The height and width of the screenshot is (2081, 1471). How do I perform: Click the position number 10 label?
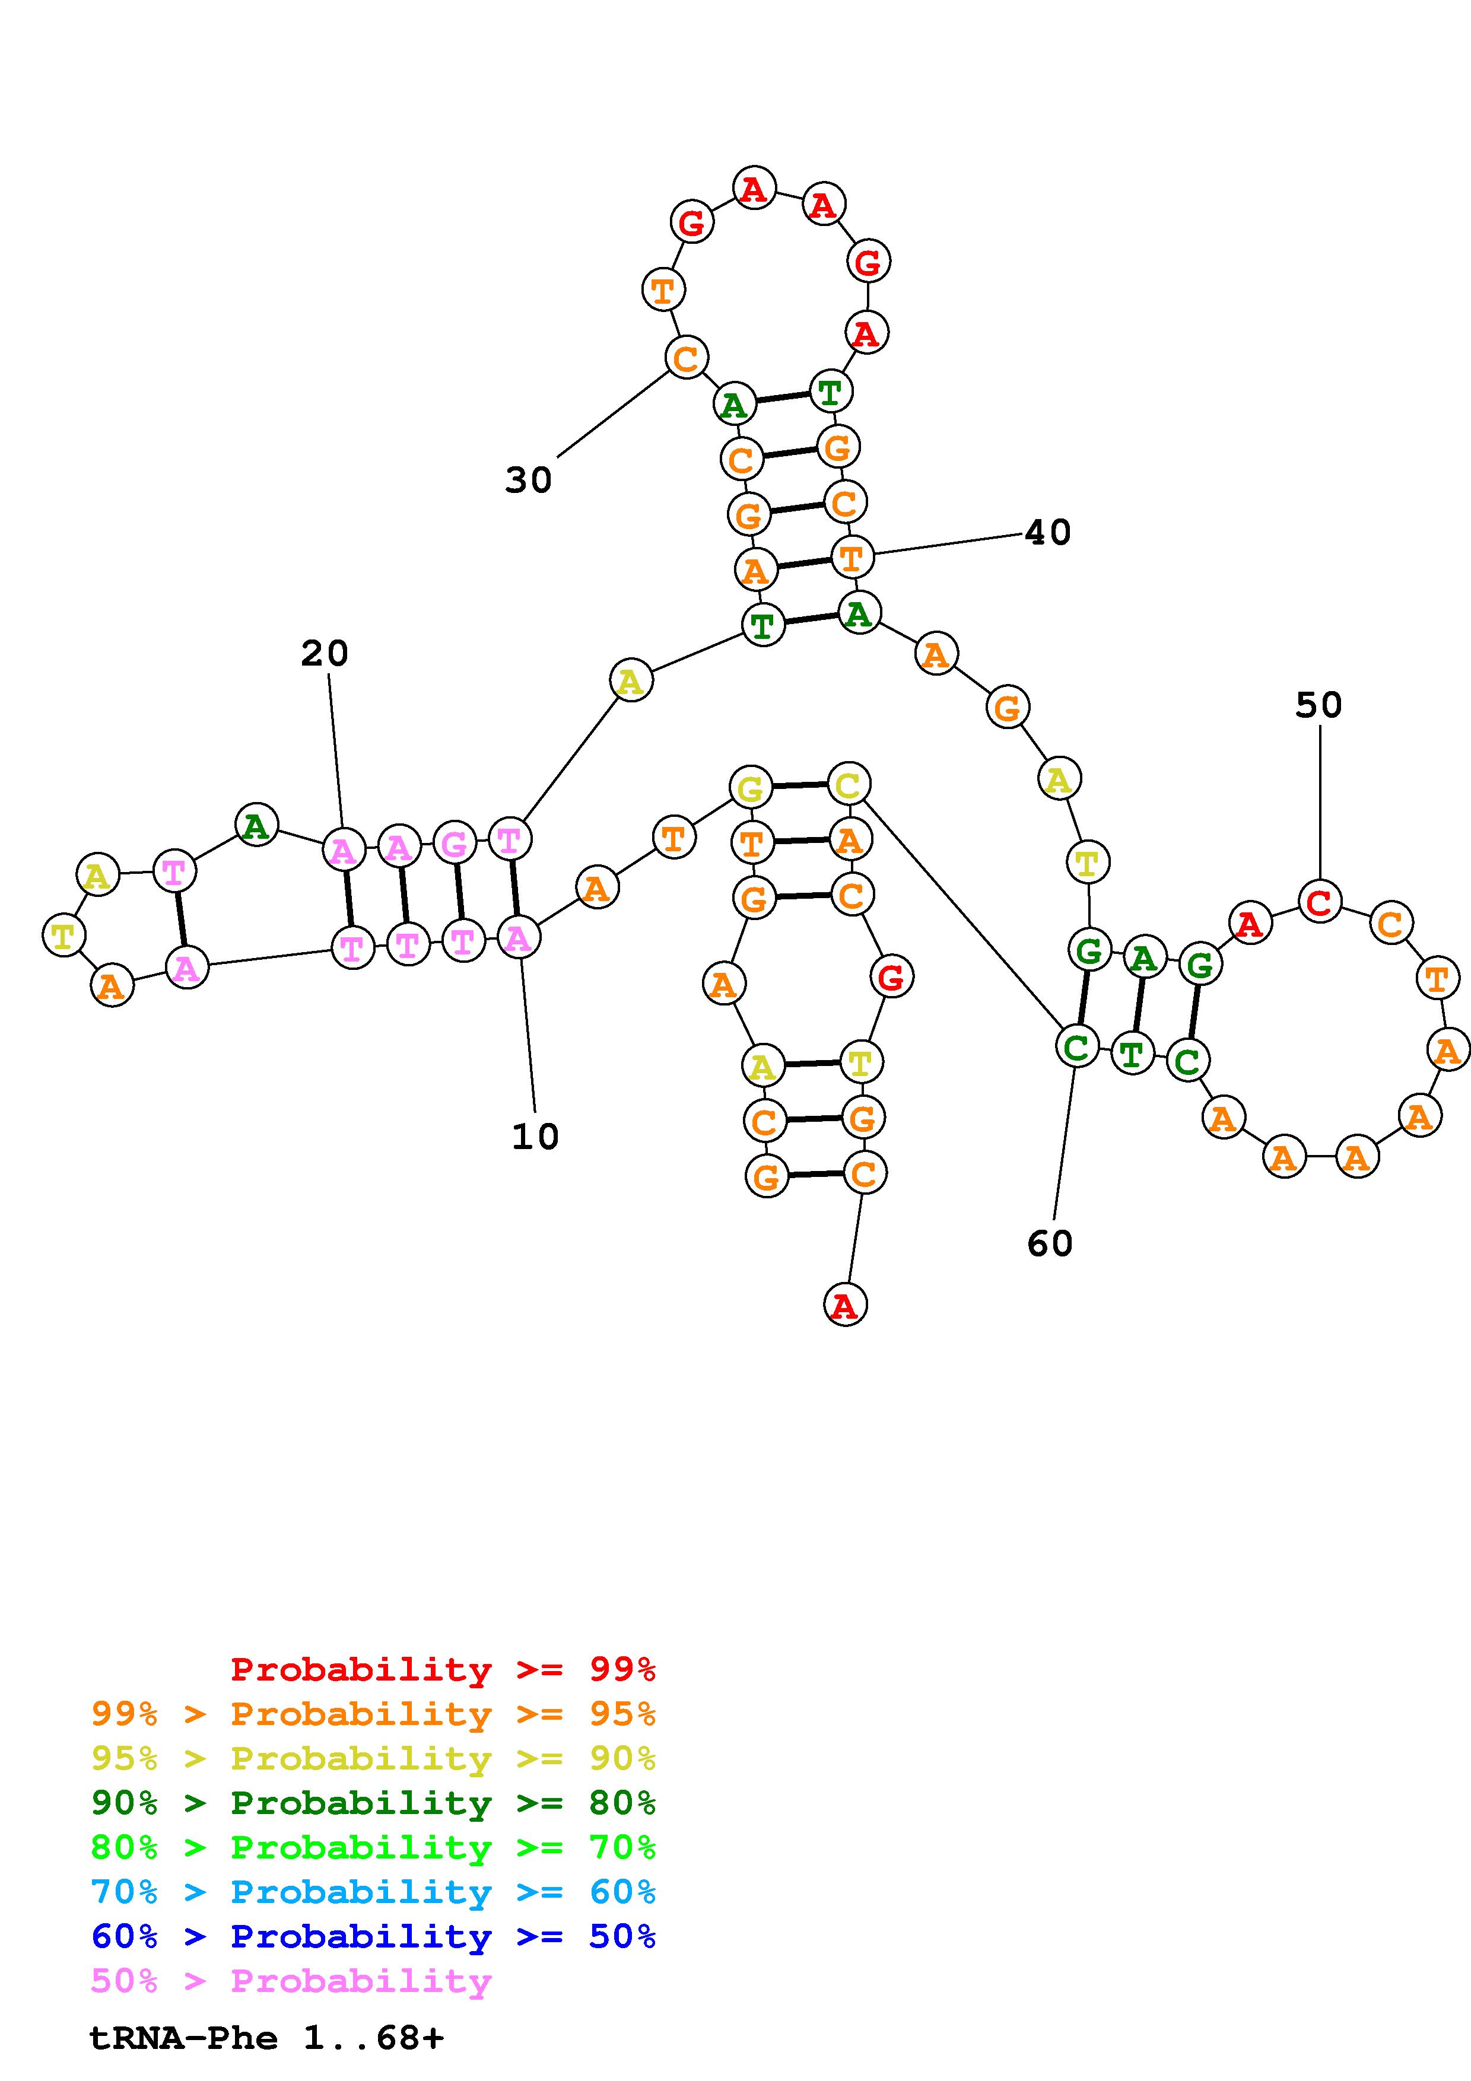(535, 1137)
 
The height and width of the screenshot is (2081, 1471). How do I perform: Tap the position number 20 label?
(325, 654)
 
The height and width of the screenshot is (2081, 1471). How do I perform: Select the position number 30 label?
(528, 481)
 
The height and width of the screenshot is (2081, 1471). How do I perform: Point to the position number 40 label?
(1048, 533)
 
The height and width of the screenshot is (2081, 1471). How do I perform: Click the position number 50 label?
(1318, 705)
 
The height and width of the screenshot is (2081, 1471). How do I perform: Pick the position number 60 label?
(1050, 1243)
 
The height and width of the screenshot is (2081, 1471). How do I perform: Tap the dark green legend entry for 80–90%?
(373, 1803)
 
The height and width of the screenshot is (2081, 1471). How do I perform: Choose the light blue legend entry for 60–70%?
(373, 1892)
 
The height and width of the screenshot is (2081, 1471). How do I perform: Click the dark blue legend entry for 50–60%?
(373, 1936)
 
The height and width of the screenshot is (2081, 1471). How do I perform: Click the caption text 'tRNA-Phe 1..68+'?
(266, 2038)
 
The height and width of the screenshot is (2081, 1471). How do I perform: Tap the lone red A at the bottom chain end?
(845, 1305)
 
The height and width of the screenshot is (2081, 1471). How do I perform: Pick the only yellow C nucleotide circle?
(849, 785)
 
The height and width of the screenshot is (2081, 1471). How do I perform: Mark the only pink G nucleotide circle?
(454, 844)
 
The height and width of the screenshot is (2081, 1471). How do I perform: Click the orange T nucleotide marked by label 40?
(851, 558)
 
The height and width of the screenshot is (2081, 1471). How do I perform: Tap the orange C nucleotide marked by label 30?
(686, 358)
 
